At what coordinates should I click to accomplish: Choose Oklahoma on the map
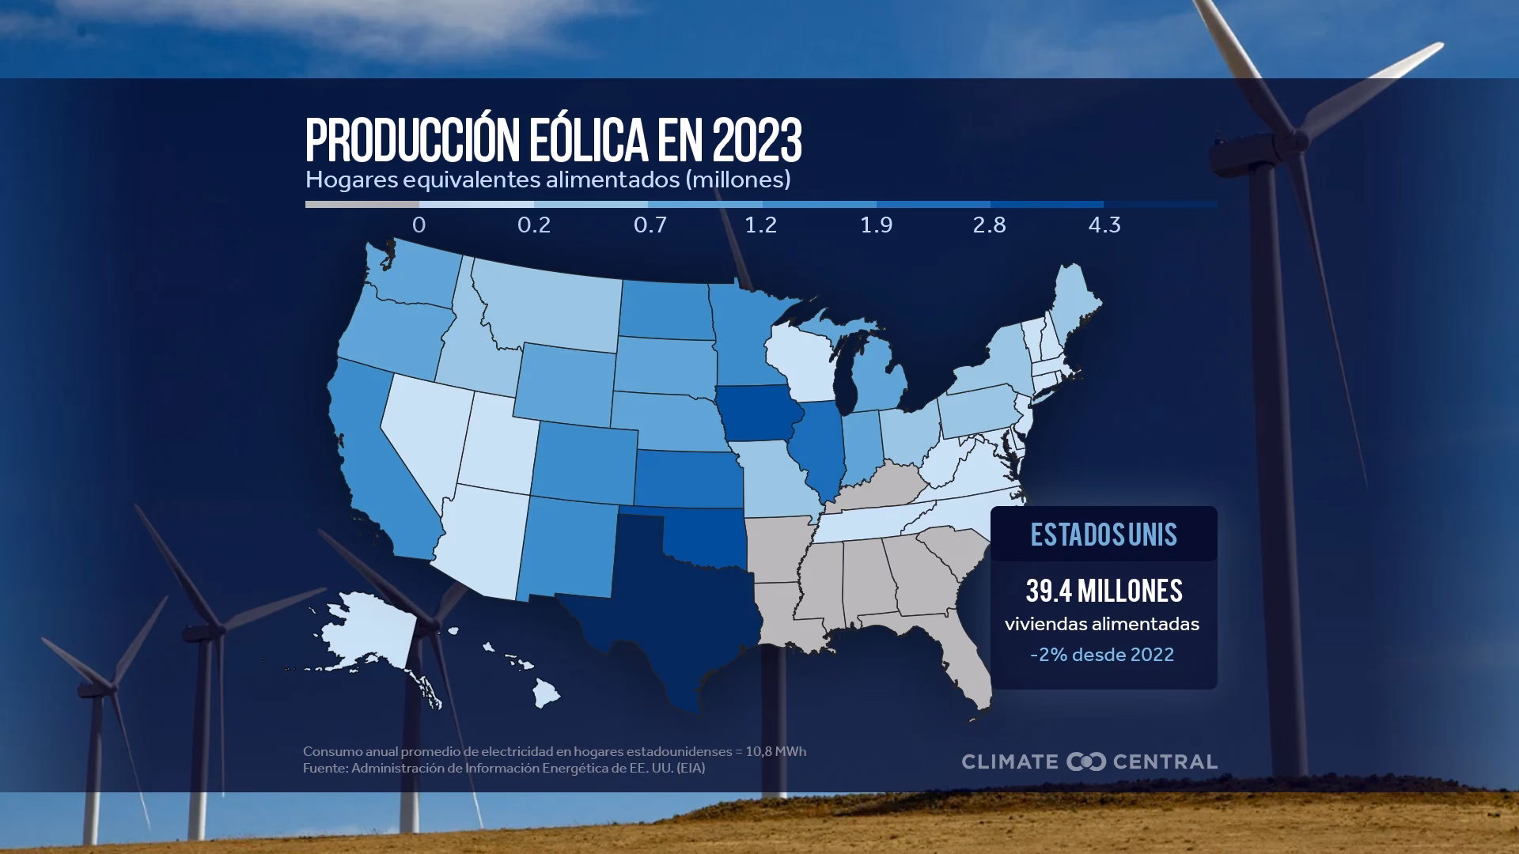[704, 538]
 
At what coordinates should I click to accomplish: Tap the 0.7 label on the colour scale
[650, 225]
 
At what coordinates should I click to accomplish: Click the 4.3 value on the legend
[1104, 225]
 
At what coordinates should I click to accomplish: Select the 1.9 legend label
[876, 225]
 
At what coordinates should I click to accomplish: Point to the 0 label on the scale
[419, 225]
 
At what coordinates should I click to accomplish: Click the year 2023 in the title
[756, 141]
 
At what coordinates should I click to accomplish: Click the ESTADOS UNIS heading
[1104, 535]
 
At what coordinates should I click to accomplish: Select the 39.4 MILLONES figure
[1104, 591]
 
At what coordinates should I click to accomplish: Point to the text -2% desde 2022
[1102, 655]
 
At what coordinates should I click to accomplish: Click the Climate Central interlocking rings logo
[1085, 761]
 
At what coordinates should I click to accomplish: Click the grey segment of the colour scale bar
[362, 205]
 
